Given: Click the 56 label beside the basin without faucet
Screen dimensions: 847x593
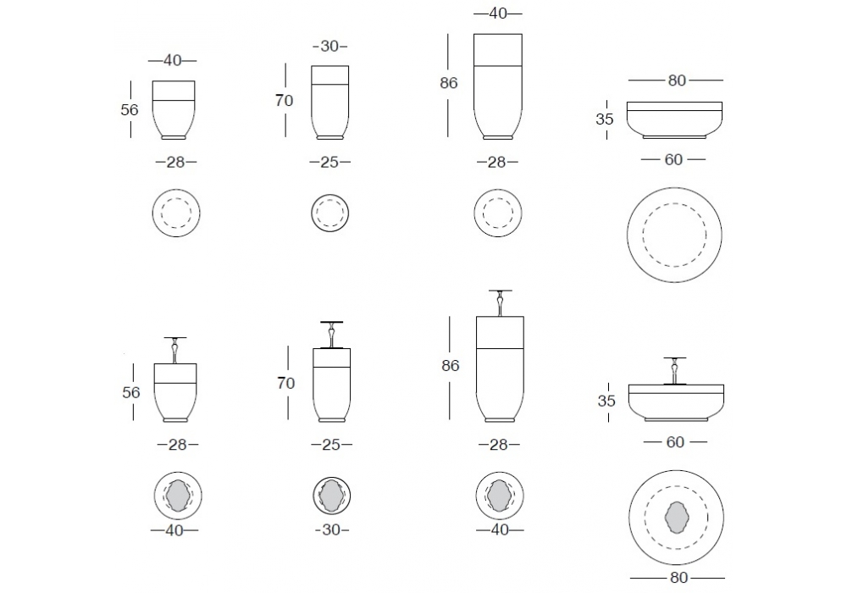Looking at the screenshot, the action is pyautogui.click(x=130, y=109).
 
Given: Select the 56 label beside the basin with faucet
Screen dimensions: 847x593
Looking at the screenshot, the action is pyautogui.click(x=131, y=392).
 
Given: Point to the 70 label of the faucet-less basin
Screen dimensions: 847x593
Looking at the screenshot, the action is pyautogui.click(x=284, y=101).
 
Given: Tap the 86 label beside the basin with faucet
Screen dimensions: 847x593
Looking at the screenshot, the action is pyautogui.click(x=450, y=366).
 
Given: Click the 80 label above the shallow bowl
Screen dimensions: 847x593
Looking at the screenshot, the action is pyautogui.click(x=677, y=80).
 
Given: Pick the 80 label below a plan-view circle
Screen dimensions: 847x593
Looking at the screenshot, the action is pyautogui.click(x=678, y=578).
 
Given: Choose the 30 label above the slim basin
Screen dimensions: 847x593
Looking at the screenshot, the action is pyautogui.click(x=329, y=47).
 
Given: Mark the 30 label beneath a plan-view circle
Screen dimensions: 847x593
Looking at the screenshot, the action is pyautogui.click(x=331, y=529).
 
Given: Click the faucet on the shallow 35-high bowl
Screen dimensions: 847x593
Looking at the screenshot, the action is pyautogui.click(x=675, y=370).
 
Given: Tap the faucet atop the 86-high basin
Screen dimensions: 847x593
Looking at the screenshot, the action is pyautogui.click(x=501, y=303).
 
